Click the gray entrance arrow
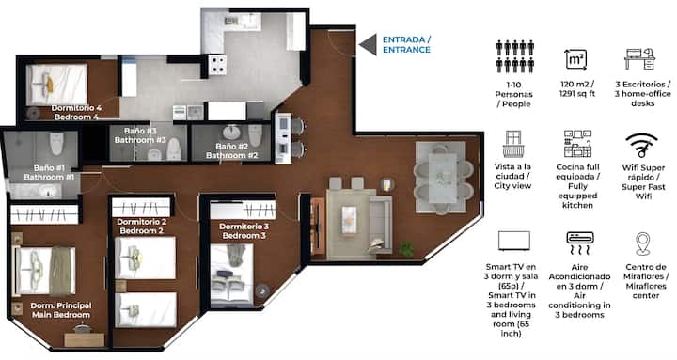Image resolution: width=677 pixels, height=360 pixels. pyautogui.click(x=370, y=45)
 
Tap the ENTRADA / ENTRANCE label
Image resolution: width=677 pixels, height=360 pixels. pyautogui.click(x=406, y=44)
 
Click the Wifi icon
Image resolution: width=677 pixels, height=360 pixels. pyautogui.click(x=641, y=145)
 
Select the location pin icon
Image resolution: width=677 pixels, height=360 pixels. pyautogui.click(x=642, y=243)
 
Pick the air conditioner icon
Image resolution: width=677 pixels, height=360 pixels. pyautogui.click(x=580, y=243)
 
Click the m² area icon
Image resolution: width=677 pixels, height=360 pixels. pyautogui.click(x=576, y=59)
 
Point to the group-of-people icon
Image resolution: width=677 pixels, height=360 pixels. pyautogui.click(x=515, y=56)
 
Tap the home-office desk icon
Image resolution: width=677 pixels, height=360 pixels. pyautogui.click(x=639, y=59)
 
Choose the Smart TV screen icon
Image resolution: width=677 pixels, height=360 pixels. pyautogui.click(x=513, y=241)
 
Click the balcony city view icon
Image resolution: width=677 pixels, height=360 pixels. pyautogui.click(x=513, y=144)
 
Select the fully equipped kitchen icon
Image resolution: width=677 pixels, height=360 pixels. pyautogui.click(x=577, y=144)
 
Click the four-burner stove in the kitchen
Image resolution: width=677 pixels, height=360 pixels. pyautogui.click(x=217, y=65)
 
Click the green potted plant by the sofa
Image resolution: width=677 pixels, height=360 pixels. pyautogui.click(x=406, y=248)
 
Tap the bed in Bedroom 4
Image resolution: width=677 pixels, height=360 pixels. pyautogui.click(x=56, y=85)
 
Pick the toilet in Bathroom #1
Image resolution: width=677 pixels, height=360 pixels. pyautogui.click(x=56, y=144)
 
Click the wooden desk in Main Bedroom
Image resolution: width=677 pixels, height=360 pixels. pyautogui.click(x=85, y=339)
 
